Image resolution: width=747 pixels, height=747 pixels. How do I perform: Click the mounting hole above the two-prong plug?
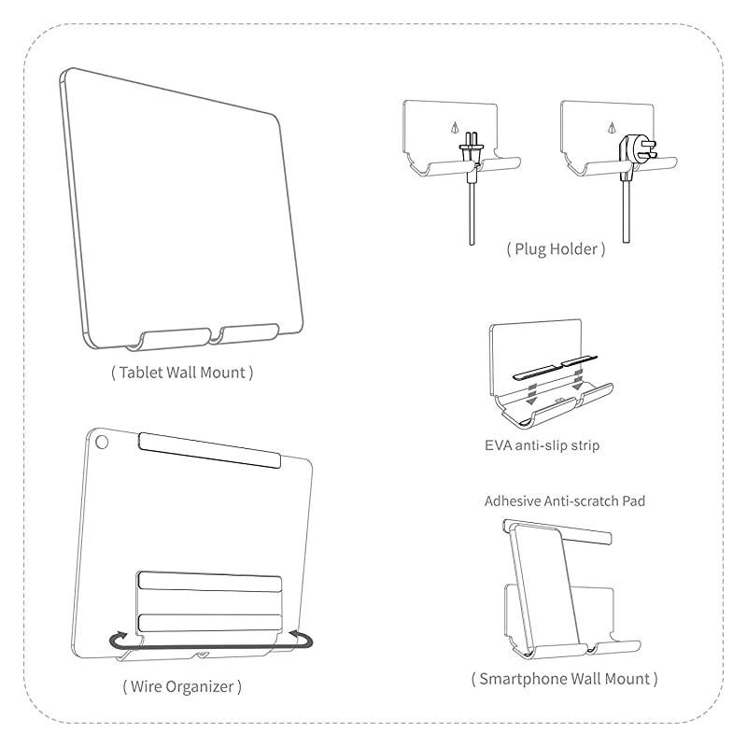coord(456,128)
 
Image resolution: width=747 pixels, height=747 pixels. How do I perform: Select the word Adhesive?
coord(513,501)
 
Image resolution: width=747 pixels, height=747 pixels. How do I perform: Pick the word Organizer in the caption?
coord(197,687)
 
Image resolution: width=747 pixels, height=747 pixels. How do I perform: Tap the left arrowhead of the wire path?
coord(115,640)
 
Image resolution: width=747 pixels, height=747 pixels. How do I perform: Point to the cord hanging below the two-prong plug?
coord(472,210)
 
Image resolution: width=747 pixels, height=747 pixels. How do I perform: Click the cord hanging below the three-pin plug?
coord(624,210)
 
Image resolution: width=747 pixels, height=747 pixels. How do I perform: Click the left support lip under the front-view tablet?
coord(175,335)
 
